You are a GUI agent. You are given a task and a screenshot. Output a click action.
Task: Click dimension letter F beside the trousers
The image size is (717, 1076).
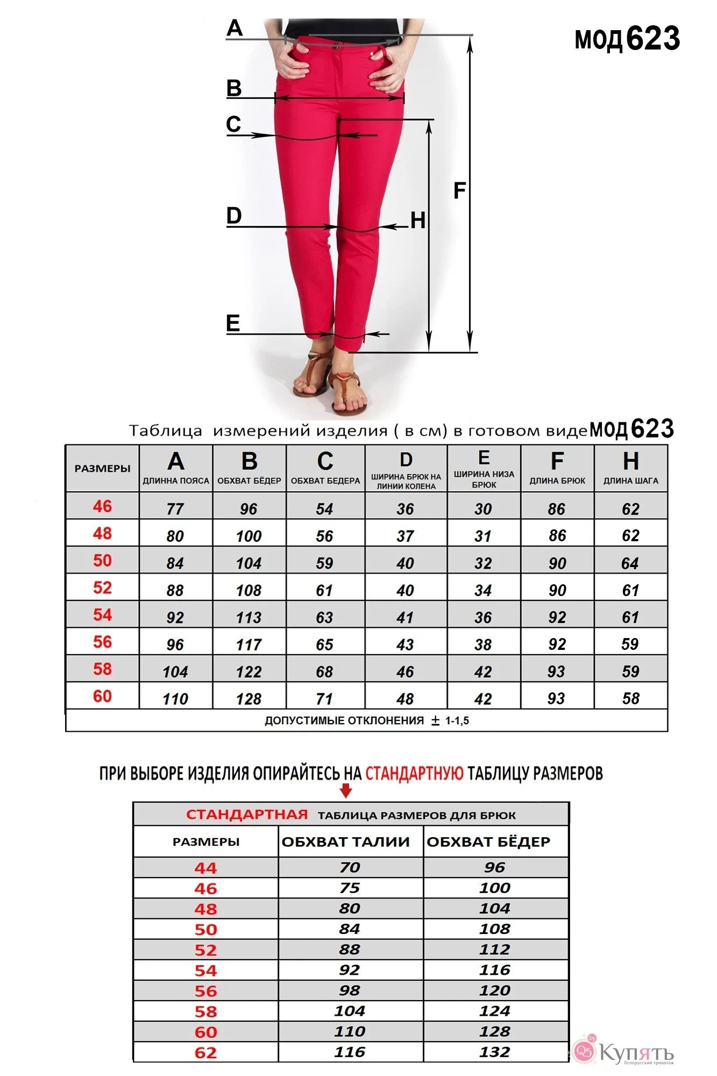coord(459,190)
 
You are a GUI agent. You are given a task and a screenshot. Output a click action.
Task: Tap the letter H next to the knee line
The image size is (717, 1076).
coord(417,221)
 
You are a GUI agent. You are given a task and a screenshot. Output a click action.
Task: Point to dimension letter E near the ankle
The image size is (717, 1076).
coord(233,323)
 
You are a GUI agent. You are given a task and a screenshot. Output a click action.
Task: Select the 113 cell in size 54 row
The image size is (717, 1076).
coord(249,617)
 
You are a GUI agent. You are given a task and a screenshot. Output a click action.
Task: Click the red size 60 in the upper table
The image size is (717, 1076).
coord(102,696)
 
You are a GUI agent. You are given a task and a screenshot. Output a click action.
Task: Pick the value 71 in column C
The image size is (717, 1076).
coord(324,698)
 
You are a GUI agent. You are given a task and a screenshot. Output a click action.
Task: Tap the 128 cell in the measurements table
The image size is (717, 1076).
coord(249,698)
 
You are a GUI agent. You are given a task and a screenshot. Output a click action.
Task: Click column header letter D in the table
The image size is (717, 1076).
coord(406,460)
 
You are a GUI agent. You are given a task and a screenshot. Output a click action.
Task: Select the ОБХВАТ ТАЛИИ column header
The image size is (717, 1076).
coord(345,841)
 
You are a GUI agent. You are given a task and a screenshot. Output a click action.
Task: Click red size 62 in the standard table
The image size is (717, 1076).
coord(205,1052)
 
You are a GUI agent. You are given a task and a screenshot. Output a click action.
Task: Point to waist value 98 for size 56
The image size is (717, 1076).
coord(350,990)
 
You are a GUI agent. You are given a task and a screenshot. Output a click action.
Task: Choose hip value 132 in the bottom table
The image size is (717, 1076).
coord(495,1052)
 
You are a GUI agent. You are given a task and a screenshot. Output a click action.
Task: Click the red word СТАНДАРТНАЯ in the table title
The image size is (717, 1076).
coord(247,815)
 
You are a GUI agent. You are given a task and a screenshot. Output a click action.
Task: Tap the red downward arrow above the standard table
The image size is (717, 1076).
coord(346,791)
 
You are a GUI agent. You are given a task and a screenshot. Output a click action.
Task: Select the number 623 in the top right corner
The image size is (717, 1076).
coord(653,39)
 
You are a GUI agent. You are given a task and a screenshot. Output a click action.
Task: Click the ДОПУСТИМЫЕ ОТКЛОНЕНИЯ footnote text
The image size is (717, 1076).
coord(344,720)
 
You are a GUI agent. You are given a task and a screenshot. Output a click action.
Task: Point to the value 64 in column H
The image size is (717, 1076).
coord(630,563)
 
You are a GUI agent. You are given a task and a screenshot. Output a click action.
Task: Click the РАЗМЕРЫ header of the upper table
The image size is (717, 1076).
coord(102,469)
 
